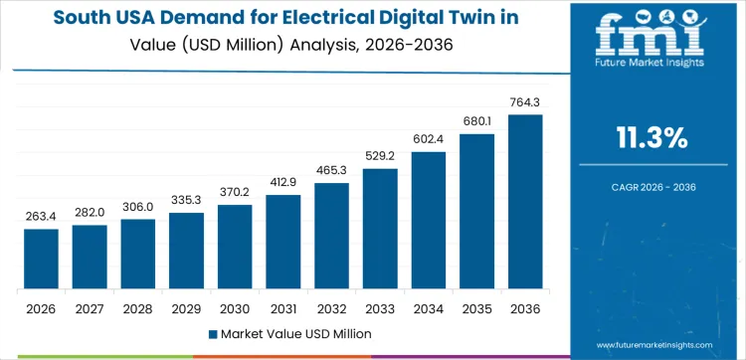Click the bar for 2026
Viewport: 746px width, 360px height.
coord(41,260)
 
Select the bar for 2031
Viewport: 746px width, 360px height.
coord(282,243)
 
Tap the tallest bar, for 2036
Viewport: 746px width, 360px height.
coord(525,202)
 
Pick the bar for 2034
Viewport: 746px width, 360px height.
coord(428,221)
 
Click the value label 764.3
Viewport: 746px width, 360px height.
coord(525,101)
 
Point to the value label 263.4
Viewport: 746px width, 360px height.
coord(41,216)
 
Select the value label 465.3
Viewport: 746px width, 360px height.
coord(331,170)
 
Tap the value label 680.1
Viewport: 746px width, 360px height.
coord(476,120)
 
